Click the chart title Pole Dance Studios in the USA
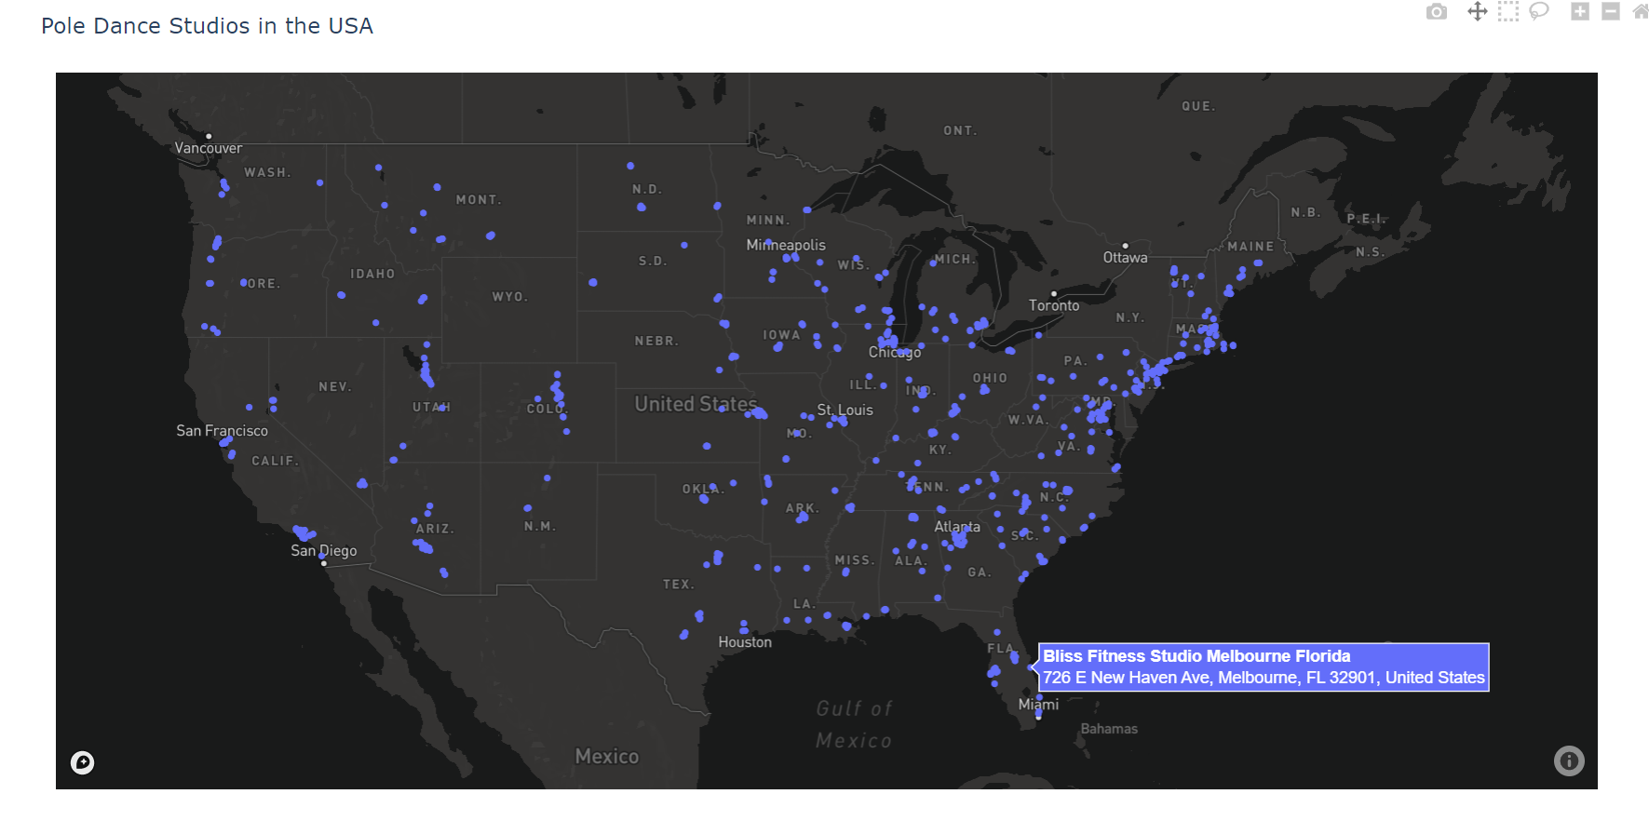click(207, 26)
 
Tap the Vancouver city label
click(209, 148)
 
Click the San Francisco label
click(222, 430)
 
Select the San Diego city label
click(323, 550)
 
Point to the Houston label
click(745, 642)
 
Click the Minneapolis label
click(786, 245)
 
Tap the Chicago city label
click(895, 352)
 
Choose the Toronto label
click(1054, 305)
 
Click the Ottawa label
click(1125, 258)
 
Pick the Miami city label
click(1038, 705)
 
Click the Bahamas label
click(1109, 729)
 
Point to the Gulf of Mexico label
click(854, 724)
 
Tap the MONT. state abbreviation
click(479, 200)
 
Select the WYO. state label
click(510, 297)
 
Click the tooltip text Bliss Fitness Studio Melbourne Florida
click(1196, 656)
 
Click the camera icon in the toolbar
click(1437, 12)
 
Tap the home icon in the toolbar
click(1641, 11)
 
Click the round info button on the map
click(1569, 761)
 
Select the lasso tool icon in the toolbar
click(1539, 11)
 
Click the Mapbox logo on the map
click(83, 763)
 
